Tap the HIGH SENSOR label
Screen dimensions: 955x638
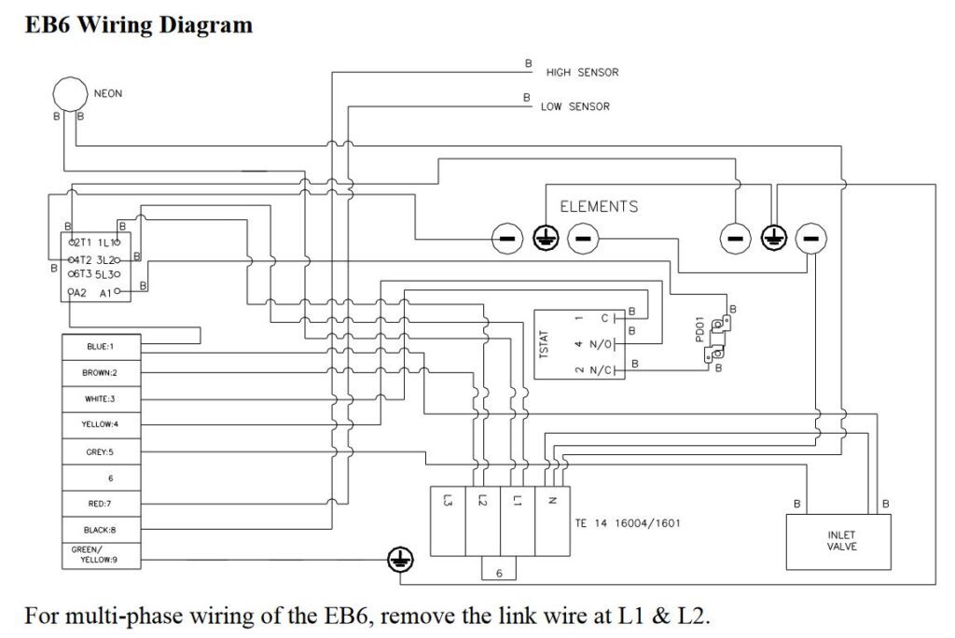pyautogui.click(x=582, y=73)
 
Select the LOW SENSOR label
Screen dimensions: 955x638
pyautogui.click(x=574, y=106)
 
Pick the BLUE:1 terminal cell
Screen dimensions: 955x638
pyautogui.click(x=101, y=347)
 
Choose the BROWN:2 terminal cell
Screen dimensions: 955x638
pyautogui.click(x=101, y=373)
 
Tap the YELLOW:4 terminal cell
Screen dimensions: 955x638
pyautogui.click(x=101, y=424)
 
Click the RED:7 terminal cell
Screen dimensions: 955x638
pyautogui.click(x=101, y=504)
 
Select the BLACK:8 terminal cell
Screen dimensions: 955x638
pyautogui.click(x=101, y=530)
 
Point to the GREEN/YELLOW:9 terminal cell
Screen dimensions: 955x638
pyautogui.click(x=101, y=556)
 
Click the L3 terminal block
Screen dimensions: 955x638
pyautogui.click(x=448, y=521)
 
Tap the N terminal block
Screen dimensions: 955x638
pyautogui.click(x=552, y=521)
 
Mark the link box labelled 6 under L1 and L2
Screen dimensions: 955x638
pyautogui.click(x=499, y=568)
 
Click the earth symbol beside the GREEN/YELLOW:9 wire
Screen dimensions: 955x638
pyautogui.click(x=400, y=560)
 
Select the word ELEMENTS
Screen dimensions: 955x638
pyautogui.click(x=599, y=206)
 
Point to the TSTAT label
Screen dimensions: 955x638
pyautogui.click(x=544, y=344)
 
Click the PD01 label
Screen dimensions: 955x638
pyautogui.click(x=699, y=328)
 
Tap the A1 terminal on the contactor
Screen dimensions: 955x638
pyautogui.click(x=107, y=293)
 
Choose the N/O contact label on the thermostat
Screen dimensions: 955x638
pyautogui.click(x=601, y=345)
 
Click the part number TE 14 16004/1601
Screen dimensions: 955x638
pyautogui.click(x=628, y=523)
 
